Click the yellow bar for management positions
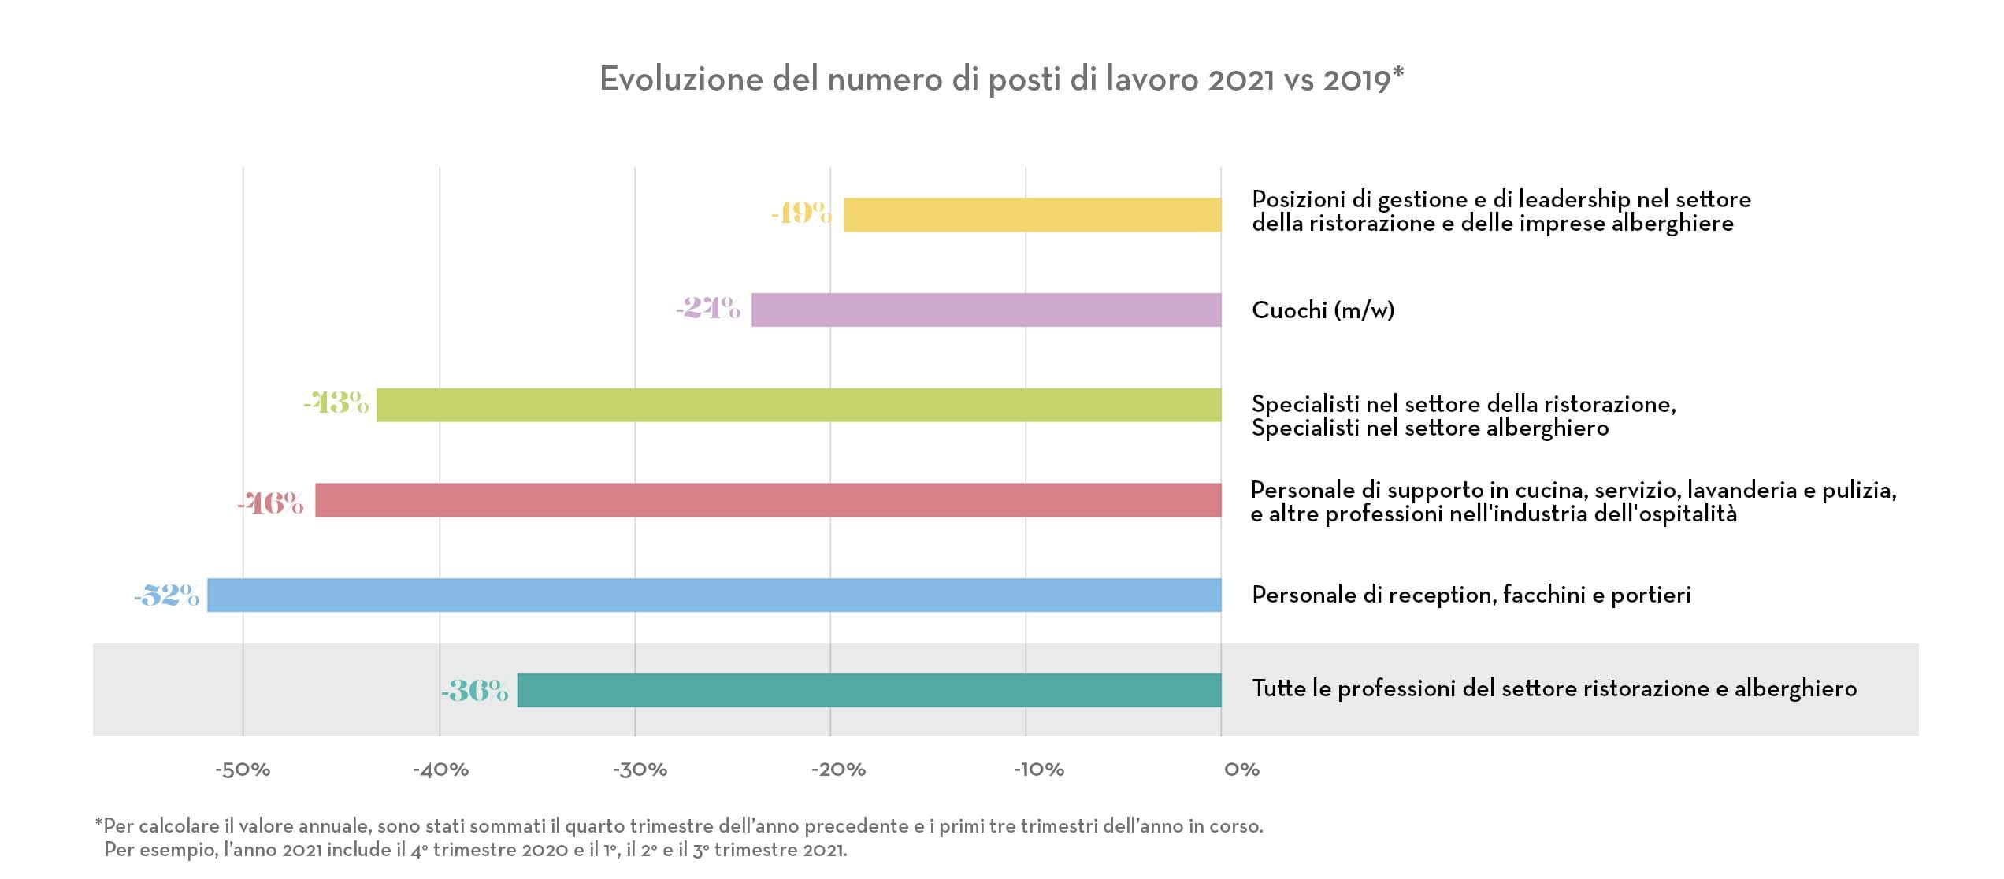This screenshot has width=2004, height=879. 1032,215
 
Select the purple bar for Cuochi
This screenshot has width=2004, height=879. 986,310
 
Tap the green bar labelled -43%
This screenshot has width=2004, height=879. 799,405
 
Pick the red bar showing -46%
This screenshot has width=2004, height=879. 768,500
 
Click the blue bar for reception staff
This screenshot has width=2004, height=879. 714,595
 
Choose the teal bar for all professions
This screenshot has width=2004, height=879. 869,690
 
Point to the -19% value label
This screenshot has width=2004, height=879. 801,213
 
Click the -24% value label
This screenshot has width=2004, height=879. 708,307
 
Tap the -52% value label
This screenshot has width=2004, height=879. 167,595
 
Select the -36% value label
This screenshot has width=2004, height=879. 475,691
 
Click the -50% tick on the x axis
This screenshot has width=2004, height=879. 243,770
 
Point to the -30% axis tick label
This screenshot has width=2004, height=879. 640,770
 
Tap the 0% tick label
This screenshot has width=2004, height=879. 1241,770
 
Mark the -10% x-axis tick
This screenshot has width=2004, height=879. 1038,770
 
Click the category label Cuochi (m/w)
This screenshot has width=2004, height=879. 1323,310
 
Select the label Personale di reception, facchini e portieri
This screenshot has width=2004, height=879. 1471,595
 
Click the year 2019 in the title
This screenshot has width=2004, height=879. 1356,80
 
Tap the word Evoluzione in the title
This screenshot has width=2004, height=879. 681,80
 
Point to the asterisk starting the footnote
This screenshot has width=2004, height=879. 98,823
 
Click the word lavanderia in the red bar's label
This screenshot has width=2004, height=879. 1741,490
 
